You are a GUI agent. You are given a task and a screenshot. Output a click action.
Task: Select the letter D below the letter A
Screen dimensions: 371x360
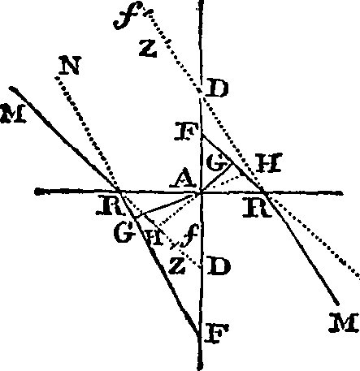tap(215, 266)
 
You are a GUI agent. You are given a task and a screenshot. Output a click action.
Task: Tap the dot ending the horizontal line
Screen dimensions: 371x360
tap(38, 192)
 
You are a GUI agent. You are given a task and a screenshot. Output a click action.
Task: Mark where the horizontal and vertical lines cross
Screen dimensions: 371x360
tap(200, 192)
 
